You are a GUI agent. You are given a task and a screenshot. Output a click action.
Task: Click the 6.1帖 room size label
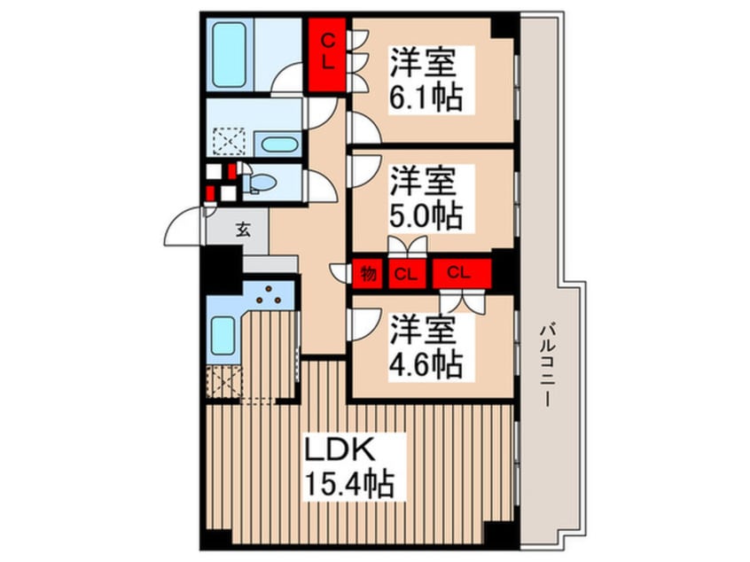pos(426,98)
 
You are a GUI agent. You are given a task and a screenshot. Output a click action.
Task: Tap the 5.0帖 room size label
pos(426,216)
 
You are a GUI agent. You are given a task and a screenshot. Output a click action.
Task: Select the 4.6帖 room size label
pos(426,365)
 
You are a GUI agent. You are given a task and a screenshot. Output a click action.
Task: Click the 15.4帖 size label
pos(349,484)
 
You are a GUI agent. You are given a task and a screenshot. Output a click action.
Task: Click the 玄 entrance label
pos(243,230)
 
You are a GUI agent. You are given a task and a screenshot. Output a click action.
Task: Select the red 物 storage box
pos(368,274)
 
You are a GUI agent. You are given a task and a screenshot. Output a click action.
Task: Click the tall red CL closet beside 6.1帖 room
pos(327,55)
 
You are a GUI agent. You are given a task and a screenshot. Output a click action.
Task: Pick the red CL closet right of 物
pos(407,274)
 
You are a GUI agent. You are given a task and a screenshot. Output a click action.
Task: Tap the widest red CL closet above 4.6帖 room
pos(462,273)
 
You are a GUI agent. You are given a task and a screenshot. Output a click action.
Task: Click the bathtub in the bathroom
pos(229,56)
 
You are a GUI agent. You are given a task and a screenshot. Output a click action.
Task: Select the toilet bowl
pos(262,183)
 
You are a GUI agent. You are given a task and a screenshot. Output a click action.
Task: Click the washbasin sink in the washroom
pos(279,144)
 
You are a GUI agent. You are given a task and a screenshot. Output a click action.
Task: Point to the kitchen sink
pos(223,336)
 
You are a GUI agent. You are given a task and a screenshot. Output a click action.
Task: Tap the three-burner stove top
pos(269,295)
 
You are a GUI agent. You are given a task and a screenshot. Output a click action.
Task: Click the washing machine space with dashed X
pos(229,141)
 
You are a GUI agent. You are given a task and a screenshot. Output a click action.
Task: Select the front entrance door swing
pos(184,227)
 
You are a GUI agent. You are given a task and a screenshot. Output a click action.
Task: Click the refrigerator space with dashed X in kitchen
pos(224,382)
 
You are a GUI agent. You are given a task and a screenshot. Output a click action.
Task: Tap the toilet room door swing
pos(320,186)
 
